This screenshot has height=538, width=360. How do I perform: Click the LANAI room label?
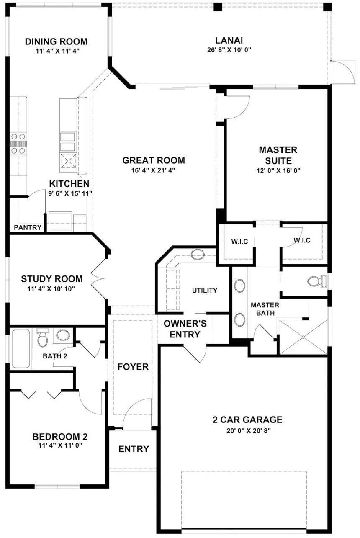tap(229, 40)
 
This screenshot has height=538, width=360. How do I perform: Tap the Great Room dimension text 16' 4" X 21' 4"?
tap(153, 170)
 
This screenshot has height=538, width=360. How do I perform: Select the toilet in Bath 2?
tap(43, 338)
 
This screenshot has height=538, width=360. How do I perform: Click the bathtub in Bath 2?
tap(21, 348)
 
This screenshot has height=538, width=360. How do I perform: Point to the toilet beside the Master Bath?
tap(317, 281)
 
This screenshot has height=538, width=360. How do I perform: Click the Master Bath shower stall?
tap(303, 337)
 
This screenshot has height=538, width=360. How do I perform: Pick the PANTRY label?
tap(28, 227)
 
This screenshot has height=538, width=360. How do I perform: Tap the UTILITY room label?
tap(205, 291)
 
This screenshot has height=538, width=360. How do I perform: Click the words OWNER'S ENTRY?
tap(185, 329)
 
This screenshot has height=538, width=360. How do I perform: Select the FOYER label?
tap(133, 367)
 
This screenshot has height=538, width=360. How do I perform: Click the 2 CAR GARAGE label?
tap(248, 420)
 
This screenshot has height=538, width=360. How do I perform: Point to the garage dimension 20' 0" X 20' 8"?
tap(249, 431)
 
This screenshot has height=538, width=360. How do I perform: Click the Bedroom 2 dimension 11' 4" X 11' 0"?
tap(60, 445)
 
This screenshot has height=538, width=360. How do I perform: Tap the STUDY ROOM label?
tap(52, 279)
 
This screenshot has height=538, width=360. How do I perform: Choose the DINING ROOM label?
tap(57, 41)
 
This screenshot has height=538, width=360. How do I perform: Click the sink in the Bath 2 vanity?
tap(63, 335)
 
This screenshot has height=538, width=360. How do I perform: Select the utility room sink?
tap(198, 254)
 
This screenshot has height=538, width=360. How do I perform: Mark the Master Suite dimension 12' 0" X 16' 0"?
tap(279, 170)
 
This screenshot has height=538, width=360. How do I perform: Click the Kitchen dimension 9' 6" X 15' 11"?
tap(70, 193)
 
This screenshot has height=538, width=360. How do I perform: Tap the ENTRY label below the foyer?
tap(134, 449)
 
